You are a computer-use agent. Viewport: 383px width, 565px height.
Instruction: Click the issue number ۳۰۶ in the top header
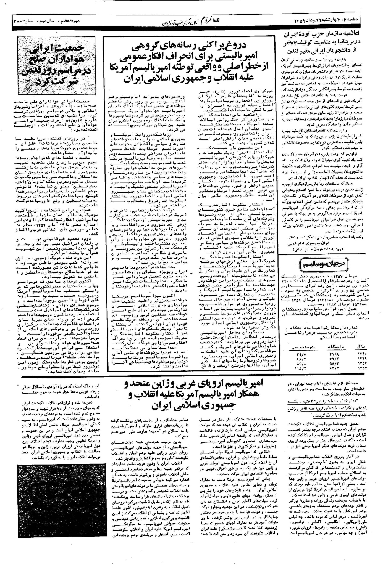click(18, 21)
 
